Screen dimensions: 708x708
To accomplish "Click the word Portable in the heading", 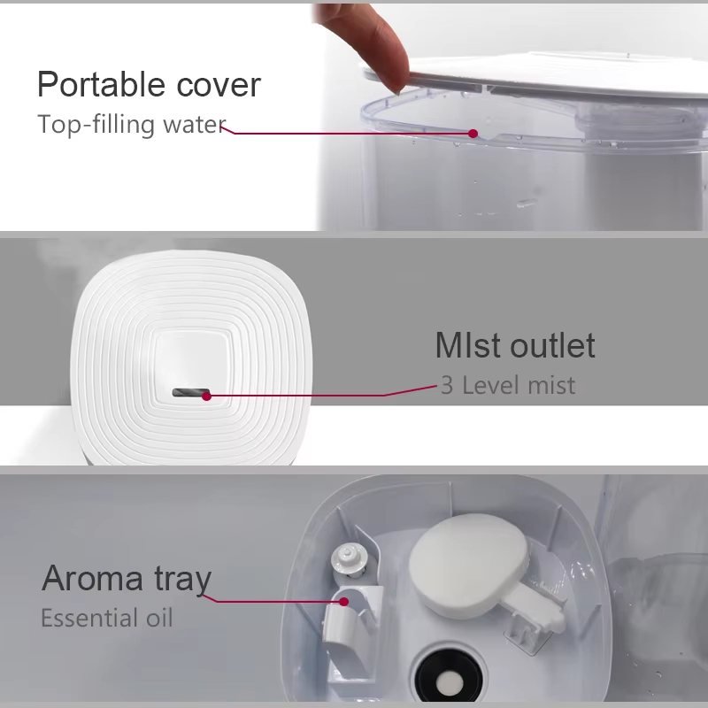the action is [x=101, y=84].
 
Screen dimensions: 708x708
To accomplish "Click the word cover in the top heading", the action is [x=219, y=85].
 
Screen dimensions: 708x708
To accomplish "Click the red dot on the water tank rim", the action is [x=473, y=134].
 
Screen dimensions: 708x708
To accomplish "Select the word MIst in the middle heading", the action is [x=469, y=345].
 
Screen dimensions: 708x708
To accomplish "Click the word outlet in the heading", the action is [x=552, y=345].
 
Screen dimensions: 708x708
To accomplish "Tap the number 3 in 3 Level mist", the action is [x=447, y=385].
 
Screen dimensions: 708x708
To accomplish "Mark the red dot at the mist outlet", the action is [x=206, y=396].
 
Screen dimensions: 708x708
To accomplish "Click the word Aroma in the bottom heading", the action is [x=92, y=578].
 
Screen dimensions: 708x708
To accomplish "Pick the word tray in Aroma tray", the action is [x=183, y=580].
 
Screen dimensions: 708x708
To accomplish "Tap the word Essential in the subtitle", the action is [x=89, y=618].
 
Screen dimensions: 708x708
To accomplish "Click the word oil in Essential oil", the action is [x=159, y=618].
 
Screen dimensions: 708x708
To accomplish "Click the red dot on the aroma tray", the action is [x=343, y=602].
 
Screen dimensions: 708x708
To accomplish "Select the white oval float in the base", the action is [x=470, y=566].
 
